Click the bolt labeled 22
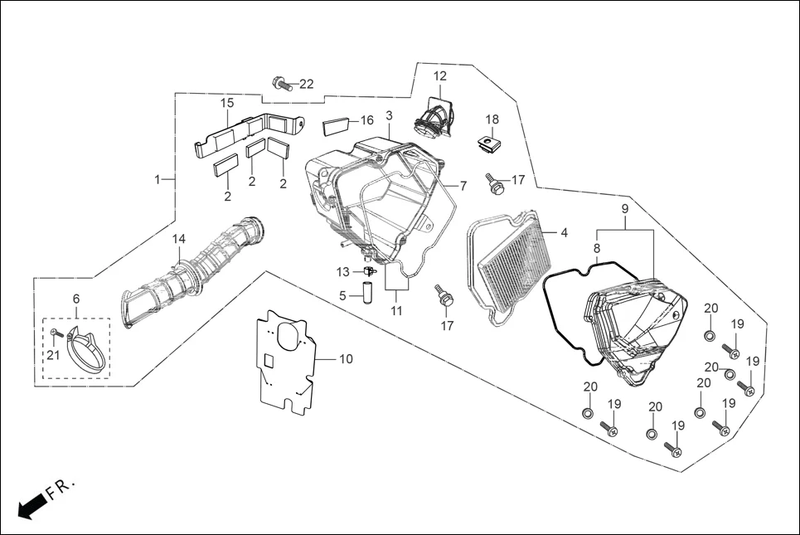click(281, 82)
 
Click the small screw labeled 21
click(54, 333)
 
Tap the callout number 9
click(624, 207)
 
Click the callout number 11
click(396, 311)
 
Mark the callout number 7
click(463, 186)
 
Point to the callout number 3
click(389, 114)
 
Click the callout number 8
click(596, 248)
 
